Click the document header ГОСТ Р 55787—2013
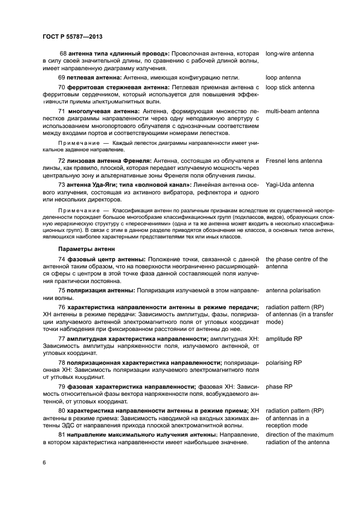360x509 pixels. point(72,37)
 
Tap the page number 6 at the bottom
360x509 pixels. point(44,462)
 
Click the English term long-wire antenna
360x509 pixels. point(289,54)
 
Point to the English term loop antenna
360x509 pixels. point(283,77)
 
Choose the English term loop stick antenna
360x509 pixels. point(290,87)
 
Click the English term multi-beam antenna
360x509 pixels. point(292,111)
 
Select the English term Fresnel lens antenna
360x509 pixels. point(294,161)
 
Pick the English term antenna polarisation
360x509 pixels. point(293,290)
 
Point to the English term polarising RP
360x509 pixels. point(283,362)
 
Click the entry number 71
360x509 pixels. point(62,111)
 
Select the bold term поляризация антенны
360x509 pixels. point(101,290)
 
